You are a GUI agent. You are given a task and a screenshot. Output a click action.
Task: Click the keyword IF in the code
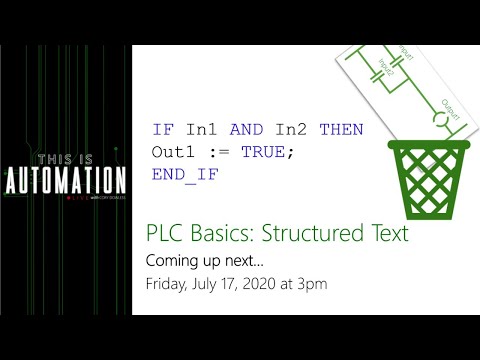pos(162,130)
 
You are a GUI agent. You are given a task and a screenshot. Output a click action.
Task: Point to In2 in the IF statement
pos(296,130)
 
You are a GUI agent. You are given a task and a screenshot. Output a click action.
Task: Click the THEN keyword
pos(341,130)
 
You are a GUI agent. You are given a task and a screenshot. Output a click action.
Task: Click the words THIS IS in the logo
pos(66,159)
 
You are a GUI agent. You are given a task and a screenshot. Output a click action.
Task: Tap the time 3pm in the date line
pos(312,284)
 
